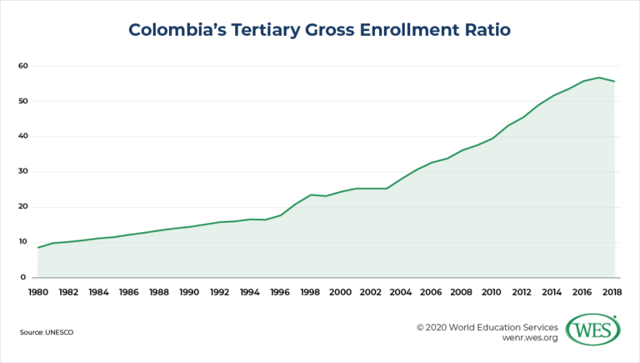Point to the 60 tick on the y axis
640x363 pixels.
(x=22, y=66)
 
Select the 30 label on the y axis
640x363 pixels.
(x=22, y=172)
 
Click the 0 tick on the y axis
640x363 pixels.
(x=24, y=277)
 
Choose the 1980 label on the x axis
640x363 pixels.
(x=37, y=293)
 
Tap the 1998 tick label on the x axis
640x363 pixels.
(x=311, y=293)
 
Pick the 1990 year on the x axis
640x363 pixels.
(x=189, y=293)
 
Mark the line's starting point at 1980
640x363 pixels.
(x=37, y=247)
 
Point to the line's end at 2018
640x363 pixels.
(x=615, y=81)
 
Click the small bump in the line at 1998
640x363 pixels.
(x=311, y=194)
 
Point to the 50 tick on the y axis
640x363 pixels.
(x=22, y=101)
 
